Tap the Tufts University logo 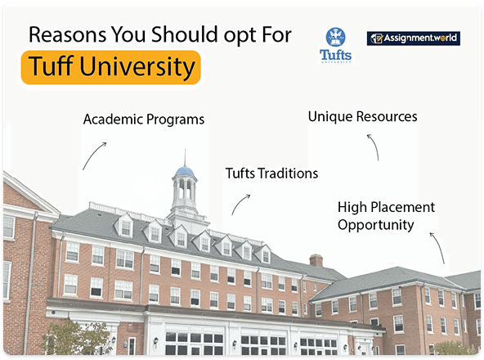[336, 45]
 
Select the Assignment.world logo [413, 38]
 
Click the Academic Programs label [143, 119]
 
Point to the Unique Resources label [362, 117]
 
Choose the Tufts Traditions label [271, 173]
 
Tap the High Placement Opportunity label [386, 216]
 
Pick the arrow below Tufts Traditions [241, 205]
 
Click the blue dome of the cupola [185, 172]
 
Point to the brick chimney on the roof [316, 260]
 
